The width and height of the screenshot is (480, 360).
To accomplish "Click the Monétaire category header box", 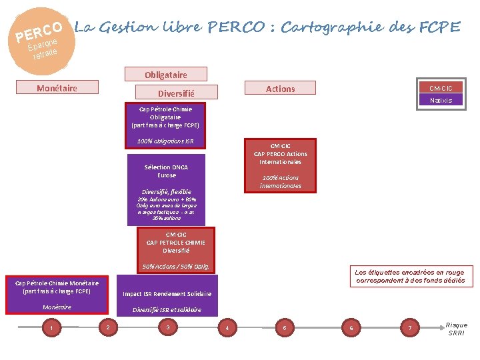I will click(x=57, y=87).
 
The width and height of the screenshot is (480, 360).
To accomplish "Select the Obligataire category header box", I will click(x=166, y=74).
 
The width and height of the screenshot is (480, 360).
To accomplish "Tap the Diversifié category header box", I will click(x=176, y=93).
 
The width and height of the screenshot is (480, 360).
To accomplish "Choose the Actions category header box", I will click(x=280, y=88).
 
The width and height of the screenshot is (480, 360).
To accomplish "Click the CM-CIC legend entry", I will click(x=441, y=88).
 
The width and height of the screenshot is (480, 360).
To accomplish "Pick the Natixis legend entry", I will click(x=441, y=100).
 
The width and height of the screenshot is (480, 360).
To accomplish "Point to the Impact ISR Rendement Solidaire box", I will click(x=167, y=294).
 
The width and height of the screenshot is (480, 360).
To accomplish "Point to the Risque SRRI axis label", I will click(x=457, y=329).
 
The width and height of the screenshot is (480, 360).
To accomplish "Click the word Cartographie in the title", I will click(x=330, y=27).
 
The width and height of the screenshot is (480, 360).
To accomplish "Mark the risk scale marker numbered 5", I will click(x=285, y=327).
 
